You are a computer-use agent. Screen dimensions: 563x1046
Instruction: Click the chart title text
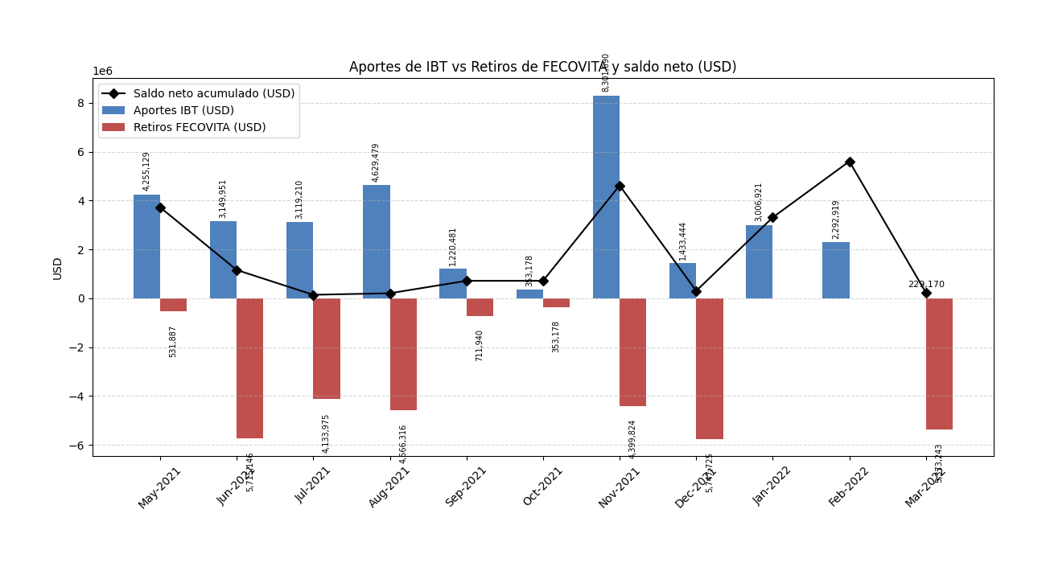coord(542,68)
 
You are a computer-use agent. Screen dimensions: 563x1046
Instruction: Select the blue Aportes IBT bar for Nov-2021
coord(606,197)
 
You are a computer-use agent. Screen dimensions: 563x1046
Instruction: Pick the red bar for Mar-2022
coord(939,364)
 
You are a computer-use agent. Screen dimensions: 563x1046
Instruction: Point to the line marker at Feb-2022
coord(850,162)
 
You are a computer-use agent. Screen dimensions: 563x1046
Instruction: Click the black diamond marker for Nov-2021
coord(620,186)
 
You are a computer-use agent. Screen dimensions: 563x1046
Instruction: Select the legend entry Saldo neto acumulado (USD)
coord(214,94)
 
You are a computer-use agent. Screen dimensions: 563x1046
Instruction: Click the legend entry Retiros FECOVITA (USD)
coord(200,127)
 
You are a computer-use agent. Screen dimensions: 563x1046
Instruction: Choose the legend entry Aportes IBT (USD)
coord(183,111)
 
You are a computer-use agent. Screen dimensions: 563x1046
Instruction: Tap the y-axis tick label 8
coord(80,103)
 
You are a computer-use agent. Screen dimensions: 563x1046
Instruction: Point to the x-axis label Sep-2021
coord(467,486)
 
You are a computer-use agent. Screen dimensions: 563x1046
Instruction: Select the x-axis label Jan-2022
coord(773,486)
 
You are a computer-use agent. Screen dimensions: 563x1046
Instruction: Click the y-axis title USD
coord(58,268)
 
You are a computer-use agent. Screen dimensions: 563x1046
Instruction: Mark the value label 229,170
coord(926,285)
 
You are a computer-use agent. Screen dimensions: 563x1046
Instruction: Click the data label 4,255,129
coord(146,171)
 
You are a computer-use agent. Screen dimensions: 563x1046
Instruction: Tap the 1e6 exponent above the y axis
coord(102,72)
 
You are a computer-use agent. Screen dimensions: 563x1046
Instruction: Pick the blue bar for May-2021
coord(146,246)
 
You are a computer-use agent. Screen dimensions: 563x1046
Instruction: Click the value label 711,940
coord(480,345)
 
